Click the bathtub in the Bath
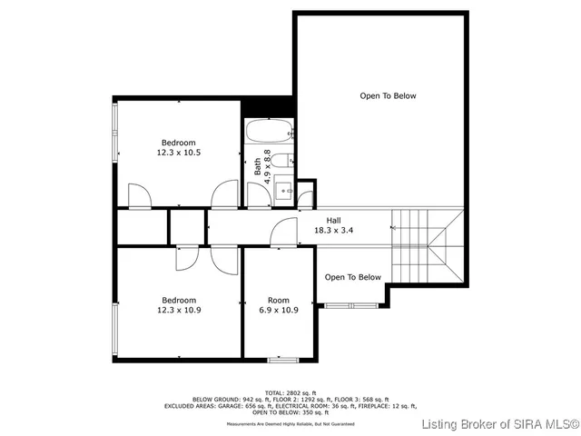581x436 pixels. pos(270,133)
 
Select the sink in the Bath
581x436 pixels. pos(283,190)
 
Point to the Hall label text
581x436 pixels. pos(333,219)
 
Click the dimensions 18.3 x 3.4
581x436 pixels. pos(333,231)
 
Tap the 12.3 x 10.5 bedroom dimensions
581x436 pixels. pos(179,153)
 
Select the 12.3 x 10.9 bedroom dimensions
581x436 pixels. pos(179,310)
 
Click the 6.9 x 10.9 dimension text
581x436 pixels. pos(278,310)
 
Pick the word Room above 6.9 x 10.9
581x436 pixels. pos(278,300)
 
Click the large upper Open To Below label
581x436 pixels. pos(388,95)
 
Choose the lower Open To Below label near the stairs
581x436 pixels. pos(353,277)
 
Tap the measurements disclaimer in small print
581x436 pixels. pos(290,424)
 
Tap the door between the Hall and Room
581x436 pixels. pos(283,233)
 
